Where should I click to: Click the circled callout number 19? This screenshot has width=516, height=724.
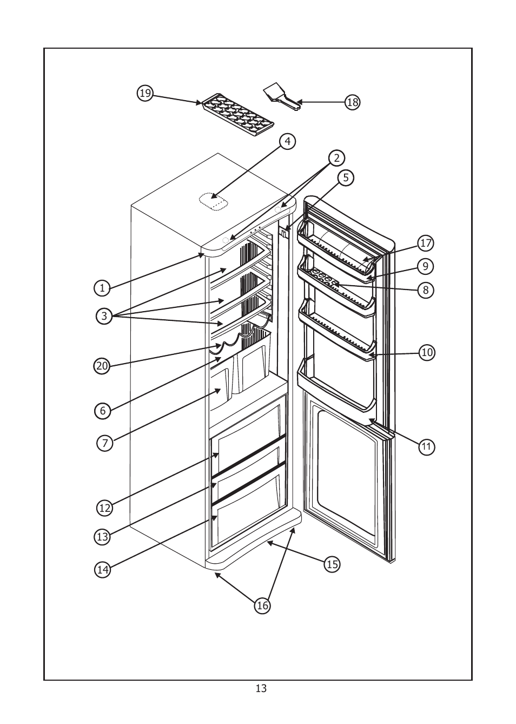(x=145, y=94)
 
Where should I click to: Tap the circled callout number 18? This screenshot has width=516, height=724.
(x=352, y=102)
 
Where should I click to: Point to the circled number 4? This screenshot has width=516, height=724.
(x=287, y=142)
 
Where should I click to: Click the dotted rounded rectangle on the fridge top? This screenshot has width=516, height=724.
(x=214, y=201)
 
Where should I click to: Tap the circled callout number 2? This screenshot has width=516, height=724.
(x=336, y=158)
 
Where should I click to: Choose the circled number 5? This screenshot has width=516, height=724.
(x=346, y=177)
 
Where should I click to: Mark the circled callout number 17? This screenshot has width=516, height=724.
(x=426, y=243)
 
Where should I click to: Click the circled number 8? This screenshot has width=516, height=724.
(x=426, y=290)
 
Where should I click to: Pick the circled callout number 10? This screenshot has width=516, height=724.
(x=427, y=353)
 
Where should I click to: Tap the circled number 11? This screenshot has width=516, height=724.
(x=427, y=446)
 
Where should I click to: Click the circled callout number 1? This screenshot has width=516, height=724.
(x=102, y=288)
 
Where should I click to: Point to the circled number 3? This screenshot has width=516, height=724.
(x=104, y=316)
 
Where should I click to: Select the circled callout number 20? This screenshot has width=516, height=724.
(x=102, y=366)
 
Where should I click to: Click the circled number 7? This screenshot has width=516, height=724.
(x=105, y=444)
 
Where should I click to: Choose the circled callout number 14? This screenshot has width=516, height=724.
(x=103, y=569)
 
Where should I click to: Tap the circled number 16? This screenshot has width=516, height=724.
(x=262, y=606)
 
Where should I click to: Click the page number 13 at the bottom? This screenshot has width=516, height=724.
(x=261, y=689)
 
